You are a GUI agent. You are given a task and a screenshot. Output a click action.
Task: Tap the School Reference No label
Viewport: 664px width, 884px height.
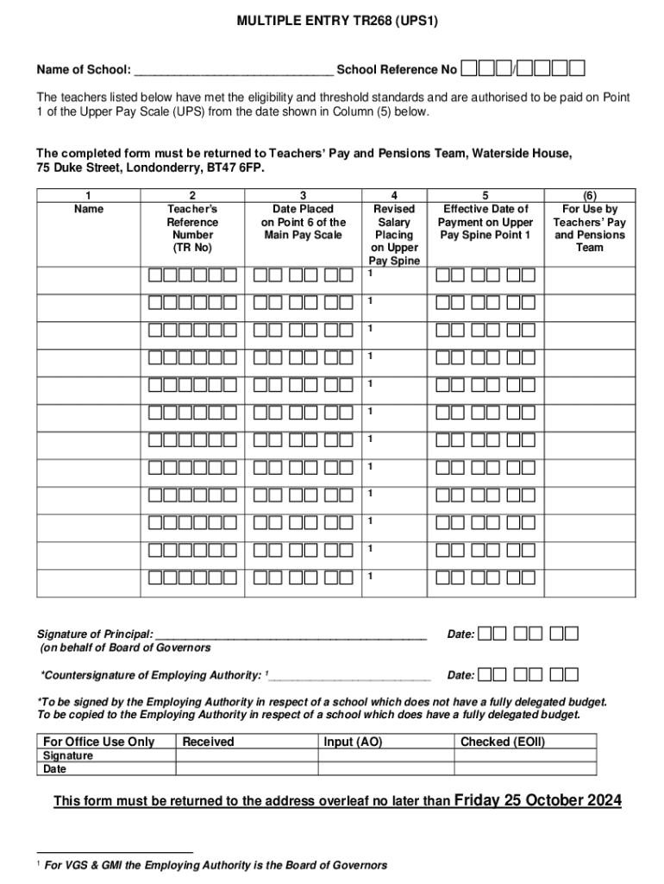[397, 69]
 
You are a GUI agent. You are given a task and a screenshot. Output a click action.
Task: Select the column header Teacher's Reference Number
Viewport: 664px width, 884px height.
[192, 228]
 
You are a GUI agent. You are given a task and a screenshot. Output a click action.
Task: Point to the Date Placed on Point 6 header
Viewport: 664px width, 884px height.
[303, 222]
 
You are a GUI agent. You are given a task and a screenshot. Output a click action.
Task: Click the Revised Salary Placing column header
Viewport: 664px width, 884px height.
[394, 235]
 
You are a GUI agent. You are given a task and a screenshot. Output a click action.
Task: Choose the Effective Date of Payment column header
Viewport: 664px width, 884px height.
[486, 222]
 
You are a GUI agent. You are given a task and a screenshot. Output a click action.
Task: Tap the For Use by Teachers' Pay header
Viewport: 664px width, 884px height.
[590, 228]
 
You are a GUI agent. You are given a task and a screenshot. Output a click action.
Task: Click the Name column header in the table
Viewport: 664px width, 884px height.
[88, 209]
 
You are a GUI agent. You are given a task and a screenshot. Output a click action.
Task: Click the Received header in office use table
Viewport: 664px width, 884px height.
[208, 742]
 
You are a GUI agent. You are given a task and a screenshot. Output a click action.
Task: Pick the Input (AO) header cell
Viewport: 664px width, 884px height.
[353, 742]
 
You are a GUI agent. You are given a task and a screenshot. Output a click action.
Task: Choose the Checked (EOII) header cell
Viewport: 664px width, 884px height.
[503, 742]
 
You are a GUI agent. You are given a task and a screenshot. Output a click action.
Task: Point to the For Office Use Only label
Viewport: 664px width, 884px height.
[99, 742]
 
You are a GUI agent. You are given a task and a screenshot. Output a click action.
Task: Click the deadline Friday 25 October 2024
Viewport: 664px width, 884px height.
[537, 800]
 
